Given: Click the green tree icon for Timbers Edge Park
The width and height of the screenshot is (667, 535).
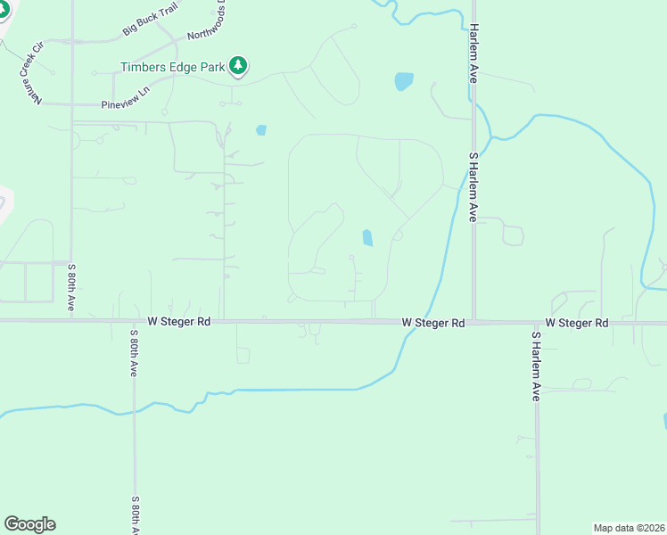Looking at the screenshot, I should pos(238,65).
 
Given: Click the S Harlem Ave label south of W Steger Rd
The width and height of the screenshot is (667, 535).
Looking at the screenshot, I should pos(536,366).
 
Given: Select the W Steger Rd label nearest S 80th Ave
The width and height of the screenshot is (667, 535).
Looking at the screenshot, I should pos(179,322).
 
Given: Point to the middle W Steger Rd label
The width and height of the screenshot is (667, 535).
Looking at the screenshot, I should pos(433,322).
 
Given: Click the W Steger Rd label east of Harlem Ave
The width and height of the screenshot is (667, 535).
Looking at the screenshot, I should pos(576,322).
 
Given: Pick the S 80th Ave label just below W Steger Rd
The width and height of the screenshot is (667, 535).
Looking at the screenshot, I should pos(134,353).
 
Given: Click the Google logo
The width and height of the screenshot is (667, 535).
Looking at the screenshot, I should pos(29,524).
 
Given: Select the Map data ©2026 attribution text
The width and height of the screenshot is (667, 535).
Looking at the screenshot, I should pos(630,527).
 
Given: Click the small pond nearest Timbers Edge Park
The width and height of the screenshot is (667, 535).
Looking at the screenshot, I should pos(260,130).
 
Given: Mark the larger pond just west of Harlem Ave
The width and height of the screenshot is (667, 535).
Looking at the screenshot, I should pos(404,81).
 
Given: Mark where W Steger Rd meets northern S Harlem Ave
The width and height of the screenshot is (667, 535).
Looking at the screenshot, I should pos(473,321).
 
